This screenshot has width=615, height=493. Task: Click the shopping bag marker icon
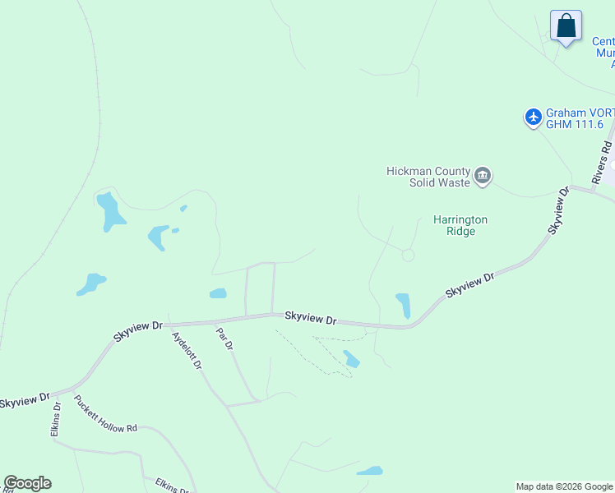pyautogui.click(x=566, y=26)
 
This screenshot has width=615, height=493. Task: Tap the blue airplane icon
pyautogui.click(x=534, y=118)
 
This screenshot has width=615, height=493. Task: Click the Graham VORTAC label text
pyautogui.click(x=580, y=113)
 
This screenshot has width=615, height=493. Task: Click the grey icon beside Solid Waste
pyautogui.click(x=483, y=176)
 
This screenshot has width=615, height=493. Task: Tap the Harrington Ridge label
pyautogui.click(x=460, y=225)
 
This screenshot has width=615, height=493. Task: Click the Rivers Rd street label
pyautogui.click(x=602, y=162)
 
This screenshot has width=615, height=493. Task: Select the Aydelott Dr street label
pyautogui.click(x=187, y=350)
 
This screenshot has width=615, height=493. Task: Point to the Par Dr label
pyautogui.click(x=224, y=340)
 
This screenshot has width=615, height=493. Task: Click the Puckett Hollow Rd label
pyautogui.click(x=104, y=416)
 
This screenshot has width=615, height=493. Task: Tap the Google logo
pyautogui.click(x=27, y=483)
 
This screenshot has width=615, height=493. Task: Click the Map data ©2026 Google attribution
pyautogui.click(x=564, y=486)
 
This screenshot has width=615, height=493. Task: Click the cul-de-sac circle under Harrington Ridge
pyautogui.click(x=408, y=256)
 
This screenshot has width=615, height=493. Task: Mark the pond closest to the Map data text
pyautogui.click(x=370, y=472)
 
